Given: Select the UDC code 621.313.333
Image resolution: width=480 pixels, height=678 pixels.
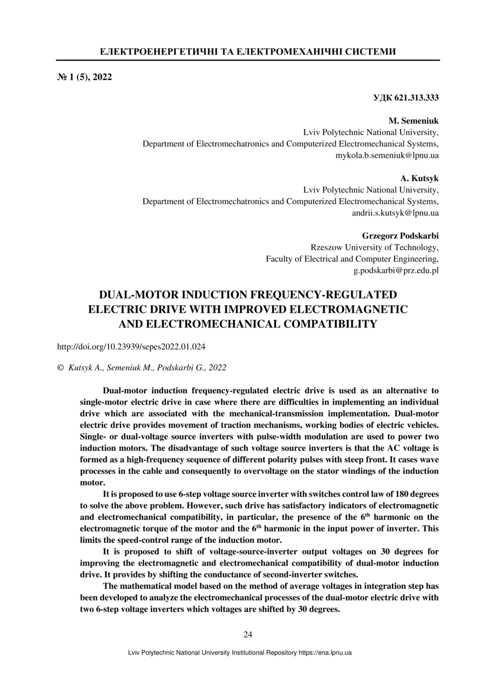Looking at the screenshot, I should point(406,98).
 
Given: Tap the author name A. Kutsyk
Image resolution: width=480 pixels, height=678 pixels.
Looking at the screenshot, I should point(420,178).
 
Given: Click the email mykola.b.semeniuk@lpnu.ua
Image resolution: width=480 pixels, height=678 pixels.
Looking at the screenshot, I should point(387,155).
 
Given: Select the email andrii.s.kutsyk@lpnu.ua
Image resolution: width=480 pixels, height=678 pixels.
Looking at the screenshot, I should point(395,213).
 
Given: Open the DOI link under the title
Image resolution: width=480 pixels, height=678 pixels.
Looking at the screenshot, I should point(131,346).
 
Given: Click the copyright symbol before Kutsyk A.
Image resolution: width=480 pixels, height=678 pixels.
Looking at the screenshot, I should point(60,368).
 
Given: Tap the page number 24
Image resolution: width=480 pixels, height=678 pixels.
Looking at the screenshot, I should point(247,634).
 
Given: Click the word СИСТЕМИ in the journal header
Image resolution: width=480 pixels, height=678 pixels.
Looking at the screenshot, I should point(371,52).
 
